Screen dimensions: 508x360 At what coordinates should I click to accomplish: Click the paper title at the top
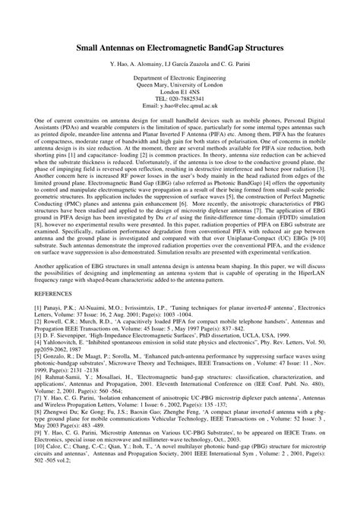click(179, 47)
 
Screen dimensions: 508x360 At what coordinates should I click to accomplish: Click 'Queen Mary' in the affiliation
click(152, 85)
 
